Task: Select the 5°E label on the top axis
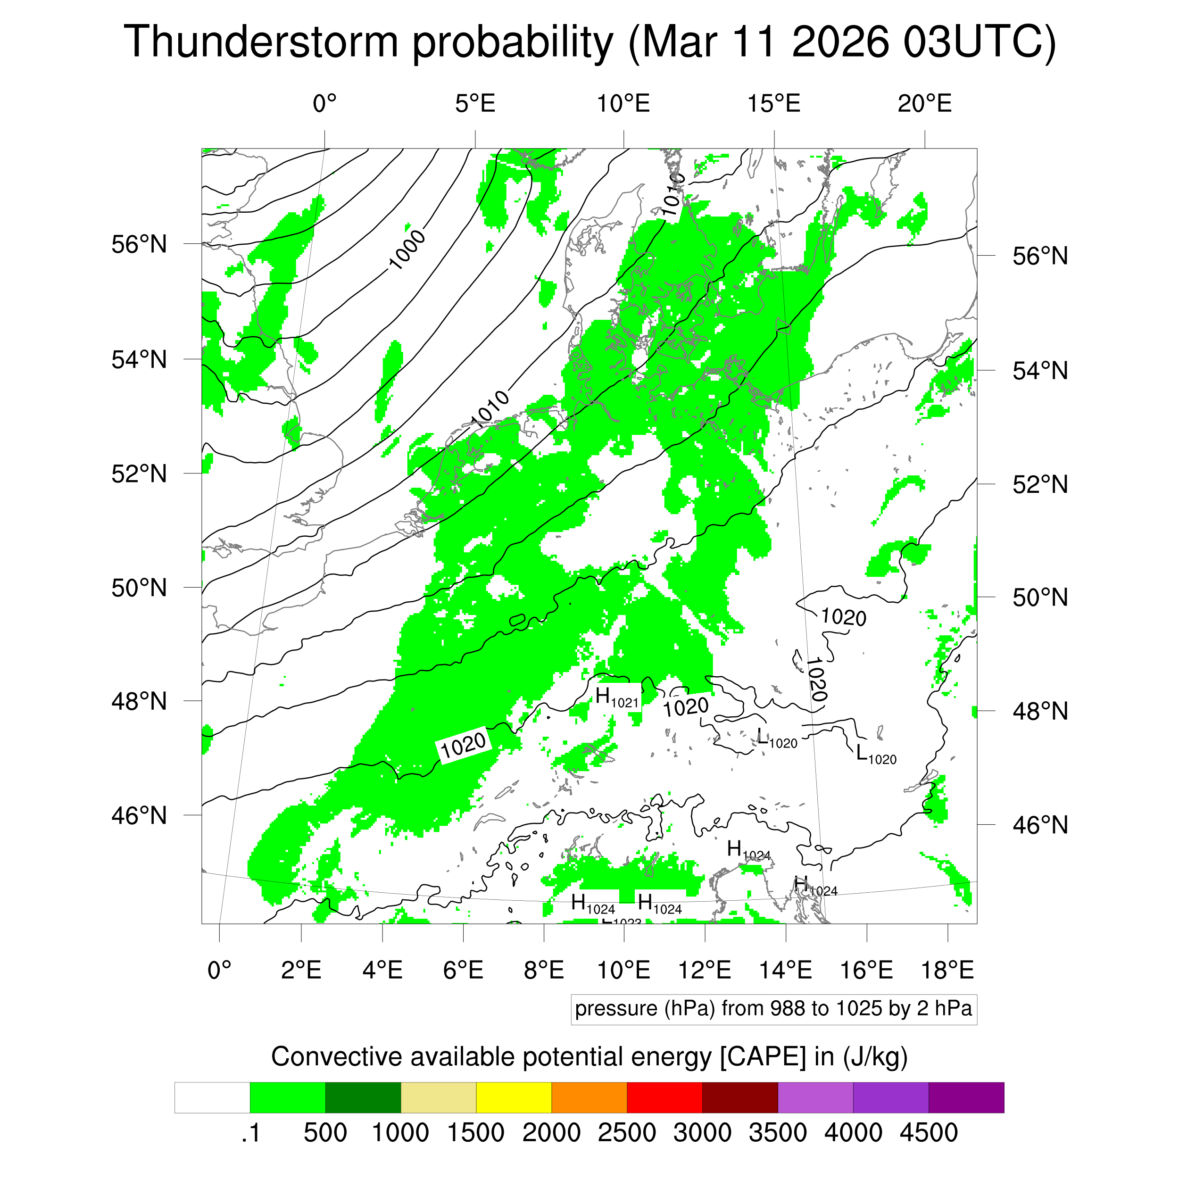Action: click(475, 104)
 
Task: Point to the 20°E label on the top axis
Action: click(924, 104)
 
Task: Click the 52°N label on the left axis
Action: click(139, 473)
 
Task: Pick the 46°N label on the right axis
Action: click(1040, 825)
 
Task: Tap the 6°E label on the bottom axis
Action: click(463, 970)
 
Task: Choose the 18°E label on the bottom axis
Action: click(947, 970)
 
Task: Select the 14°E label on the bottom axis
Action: click(785, 970)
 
